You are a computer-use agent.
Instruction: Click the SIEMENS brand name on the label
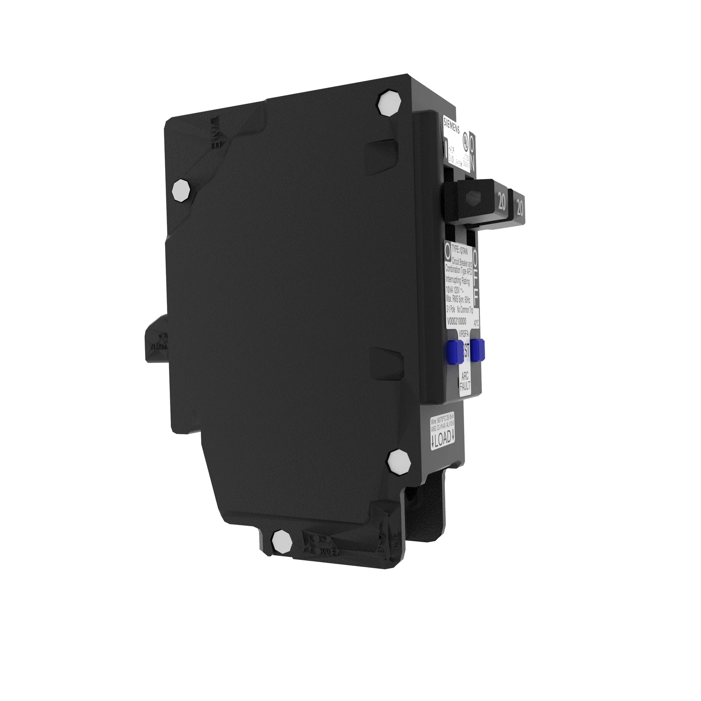452,126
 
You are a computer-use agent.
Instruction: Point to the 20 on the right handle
519,207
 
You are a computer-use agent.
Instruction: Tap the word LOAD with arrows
442,439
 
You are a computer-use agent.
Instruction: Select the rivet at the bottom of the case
282,542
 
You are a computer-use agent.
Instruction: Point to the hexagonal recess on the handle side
471,197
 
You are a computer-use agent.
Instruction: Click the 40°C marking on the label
476,322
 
